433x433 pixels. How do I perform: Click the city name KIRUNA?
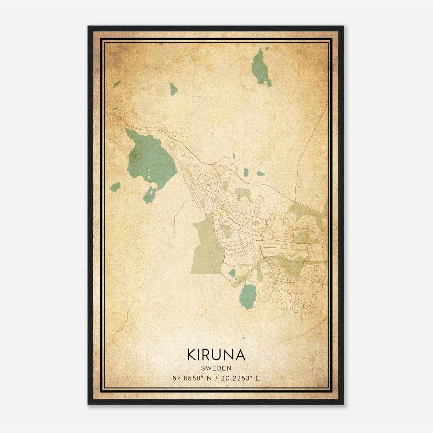(x=216, y=355)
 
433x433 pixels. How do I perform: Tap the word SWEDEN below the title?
(x=216, y=368)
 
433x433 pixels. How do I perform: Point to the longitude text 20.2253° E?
(x=240, y=378)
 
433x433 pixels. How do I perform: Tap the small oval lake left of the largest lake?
(x=115, y=187)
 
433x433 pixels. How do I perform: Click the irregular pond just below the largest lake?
(x=150, y=195)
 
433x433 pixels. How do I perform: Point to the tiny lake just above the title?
(x=243, y=337)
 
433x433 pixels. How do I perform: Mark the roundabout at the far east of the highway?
(x=294, y=202)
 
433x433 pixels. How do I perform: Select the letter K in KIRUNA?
(x=192, y=355)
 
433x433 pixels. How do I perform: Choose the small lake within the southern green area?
(x=232, y=273)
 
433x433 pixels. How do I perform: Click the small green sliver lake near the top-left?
(x=117, y=84)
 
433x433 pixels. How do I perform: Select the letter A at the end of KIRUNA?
(x=240, y=355)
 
